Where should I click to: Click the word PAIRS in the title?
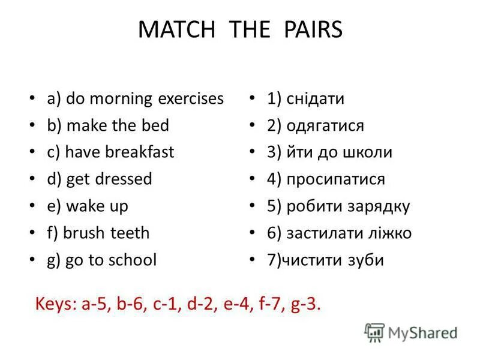click(x=308, y=30)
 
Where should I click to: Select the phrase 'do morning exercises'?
click(x=145, y=98)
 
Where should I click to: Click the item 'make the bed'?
click(x=118, y=125)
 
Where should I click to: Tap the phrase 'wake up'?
click(x=97, y=206)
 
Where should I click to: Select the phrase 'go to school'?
click(x=112, y=260)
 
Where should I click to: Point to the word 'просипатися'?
click(x=335, y=179)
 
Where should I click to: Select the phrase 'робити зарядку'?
click(x=348, y=206)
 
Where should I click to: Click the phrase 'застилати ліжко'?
click(x=349, y=233)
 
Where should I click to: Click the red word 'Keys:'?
click(x=56, y=304)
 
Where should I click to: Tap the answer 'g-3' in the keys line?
click(x=305, y=305)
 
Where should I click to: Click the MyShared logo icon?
click(x=374, y=332)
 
